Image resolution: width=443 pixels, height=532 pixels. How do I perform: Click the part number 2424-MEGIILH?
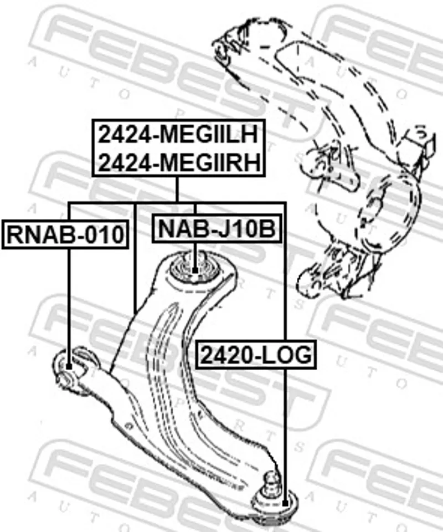179,135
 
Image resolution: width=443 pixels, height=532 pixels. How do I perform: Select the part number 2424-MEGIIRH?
179,162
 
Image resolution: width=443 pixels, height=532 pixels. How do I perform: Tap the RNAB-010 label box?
65,234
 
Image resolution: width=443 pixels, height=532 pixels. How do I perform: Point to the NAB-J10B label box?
217,228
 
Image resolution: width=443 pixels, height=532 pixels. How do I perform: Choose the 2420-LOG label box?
256,354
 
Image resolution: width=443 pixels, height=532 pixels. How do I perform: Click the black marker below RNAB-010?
69,366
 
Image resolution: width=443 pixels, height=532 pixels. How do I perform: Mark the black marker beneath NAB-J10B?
195,270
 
